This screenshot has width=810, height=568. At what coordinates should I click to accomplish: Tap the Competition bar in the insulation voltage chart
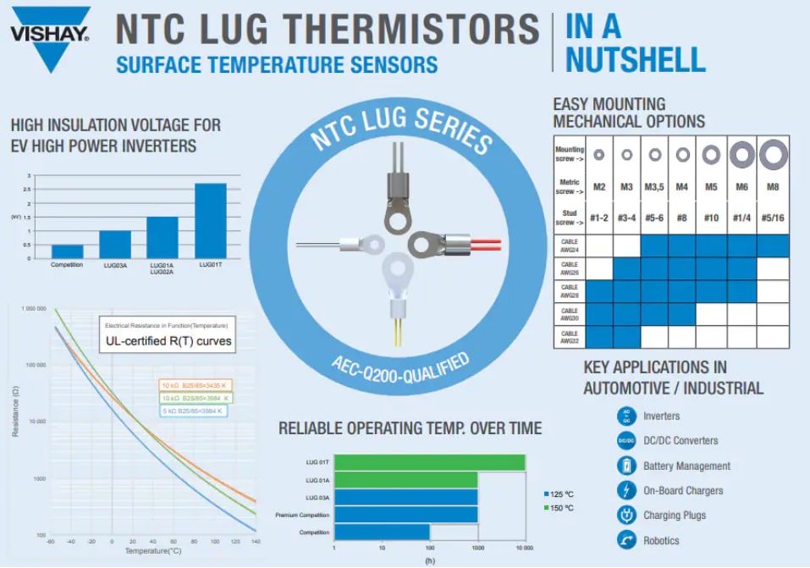(x=67, y=251)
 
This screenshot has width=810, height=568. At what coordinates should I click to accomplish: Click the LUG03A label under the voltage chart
(x=115, y=266)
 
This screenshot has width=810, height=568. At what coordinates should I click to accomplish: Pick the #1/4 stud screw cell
(x=741, y=218)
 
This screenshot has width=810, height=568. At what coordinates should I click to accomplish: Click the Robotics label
(x=661, y=540)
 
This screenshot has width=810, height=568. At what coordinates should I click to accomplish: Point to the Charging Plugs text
(x=675, y=515)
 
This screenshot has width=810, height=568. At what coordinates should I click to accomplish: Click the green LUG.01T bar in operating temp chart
(x=429, y=462)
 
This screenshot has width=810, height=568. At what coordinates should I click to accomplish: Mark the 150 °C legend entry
(x=561, y=507)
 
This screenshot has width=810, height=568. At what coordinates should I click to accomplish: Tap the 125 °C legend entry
(x=561, y=493)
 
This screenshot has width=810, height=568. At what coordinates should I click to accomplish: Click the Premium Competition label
(x=302, y=515)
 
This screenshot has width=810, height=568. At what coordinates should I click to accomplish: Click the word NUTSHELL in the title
(x=635, y=59)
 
